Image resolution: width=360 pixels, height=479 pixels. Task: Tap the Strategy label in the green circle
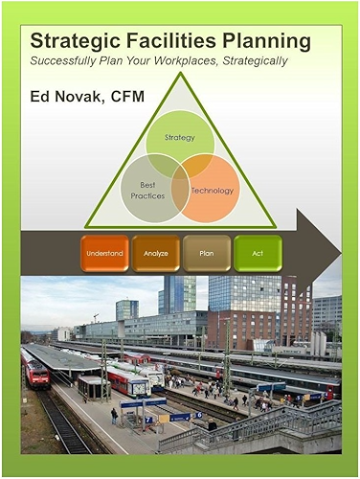(x=180, y=138)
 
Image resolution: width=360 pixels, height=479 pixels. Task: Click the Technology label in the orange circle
(x=213, y=191)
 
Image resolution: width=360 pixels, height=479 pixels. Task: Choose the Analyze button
(x=155, y=254)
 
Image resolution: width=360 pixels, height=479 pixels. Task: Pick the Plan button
(x=206, y=254)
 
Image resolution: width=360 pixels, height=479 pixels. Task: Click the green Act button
(x=258, y=254)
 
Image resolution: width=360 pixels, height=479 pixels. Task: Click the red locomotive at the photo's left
(x=36, y=369)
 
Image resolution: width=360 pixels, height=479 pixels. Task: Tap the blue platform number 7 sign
(x=138, y=420)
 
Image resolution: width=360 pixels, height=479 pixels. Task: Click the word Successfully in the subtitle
(x=68, y=61)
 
